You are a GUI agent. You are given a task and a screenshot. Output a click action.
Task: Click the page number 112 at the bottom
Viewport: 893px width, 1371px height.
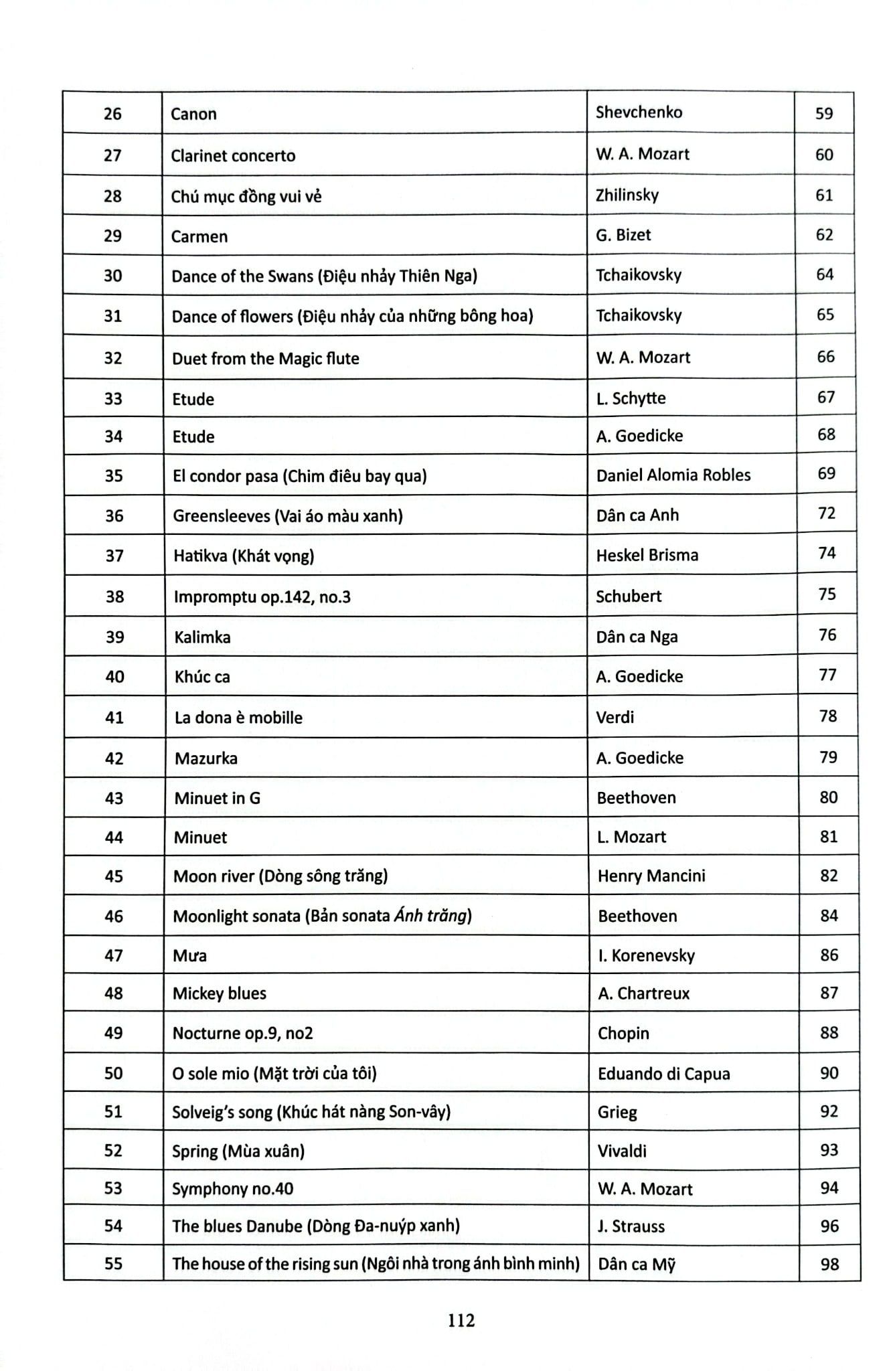click(462, 1320)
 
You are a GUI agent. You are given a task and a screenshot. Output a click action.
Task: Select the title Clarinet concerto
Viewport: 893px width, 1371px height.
click(233, 156)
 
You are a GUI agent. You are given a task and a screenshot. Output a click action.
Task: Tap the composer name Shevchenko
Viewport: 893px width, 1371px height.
click(639, 112)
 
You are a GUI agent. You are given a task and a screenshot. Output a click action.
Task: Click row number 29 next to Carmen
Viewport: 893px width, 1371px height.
click(112, 236)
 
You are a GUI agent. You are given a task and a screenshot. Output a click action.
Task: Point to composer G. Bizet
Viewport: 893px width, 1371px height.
click(623, 235)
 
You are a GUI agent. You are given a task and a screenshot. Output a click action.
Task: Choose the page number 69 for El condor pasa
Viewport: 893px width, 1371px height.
click(826, 474)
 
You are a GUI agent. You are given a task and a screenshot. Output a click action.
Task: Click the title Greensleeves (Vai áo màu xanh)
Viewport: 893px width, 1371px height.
click(288, 516)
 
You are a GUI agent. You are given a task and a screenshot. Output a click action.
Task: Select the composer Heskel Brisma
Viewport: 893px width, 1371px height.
click(647, 555)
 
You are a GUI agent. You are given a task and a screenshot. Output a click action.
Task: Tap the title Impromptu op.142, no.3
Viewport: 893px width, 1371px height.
click(262, 597)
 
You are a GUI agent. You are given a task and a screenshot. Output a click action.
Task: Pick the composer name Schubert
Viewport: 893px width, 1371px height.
click(629, 596)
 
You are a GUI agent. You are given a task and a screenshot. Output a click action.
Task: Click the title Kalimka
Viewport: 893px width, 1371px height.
click(202, 637)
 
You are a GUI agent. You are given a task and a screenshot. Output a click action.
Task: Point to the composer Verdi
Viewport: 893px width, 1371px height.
click(615, 718)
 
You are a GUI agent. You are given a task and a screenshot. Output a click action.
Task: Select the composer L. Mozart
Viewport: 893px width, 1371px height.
click(631, 837)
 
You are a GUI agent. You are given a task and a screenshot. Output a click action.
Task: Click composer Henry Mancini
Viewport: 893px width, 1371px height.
click(651, 876)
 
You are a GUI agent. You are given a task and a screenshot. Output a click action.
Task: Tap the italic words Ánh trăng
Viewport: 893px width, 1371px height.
click(430, 916)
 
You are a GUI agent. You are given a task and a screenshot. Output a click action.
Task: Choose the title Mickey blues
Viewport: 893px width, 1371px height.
click(220, 993)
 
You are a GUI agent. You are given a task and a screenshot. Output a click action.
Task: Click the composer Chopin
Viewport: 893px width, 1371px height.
click(623, 1034)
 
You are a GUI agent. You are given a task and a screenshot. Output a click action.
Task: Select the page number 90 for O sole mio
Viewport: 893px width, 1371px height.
click(829, 1073)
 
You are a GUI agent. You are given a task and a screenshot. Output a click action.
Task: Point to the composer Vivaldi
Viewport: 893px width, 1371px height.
click(622, 1151)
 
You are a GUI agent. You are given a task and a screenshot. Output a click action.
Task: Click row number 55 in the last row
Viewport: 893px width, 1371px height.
click(114, 1264)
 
